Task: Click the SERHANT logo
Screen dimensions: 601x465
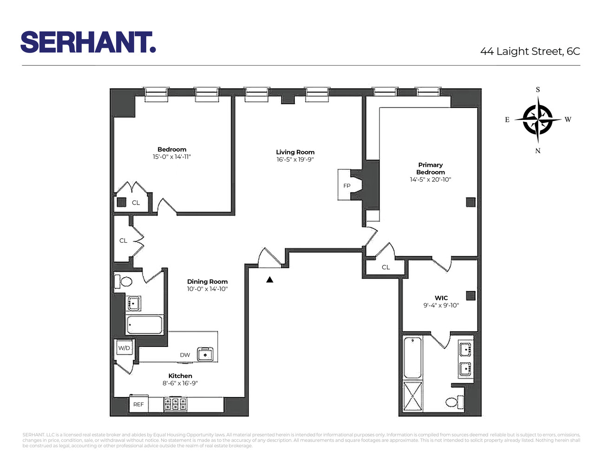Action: pyautogui.click(x=88, y=42)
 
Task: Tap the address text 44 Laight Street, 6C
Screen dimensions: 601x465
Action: pyautogui.click(x=530, y=51)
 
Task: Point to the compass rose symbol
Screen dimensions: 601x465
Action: pyautogui.click(x=538, y=120)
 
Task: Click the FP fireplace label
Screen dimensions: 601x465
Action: pyautogui.click(x=347, y=186)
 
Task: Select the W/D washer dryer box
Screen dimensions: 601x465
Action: pyautogui.click(x=124, y=348)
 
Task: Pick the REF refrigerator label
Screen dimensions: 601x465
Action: pyautogui.click(x=138, y=405)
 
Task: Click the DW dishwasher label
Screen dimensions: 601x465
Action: pyautogui.click(x=185, y=355)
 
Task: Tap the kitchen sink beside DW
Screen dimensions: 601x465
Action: pyautogui.click(x=205, y=354)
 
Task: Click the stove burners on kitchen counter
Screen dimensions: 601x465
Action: pyautogui.click(x=176, y=405)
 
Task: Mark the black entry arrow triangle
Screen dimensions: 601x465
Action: pyautogui.click(x=270, y=279)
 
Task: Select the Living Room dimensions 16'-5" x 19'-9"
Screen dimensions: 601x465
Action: pyautogui.click(x=295, y=159)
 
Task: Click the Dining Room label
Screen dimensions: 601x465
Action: pyautogui.click(x=208, y=281)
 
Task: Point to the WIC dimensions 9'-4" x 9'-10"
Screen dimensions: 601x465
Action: pyautogui.click(x=441, y=306)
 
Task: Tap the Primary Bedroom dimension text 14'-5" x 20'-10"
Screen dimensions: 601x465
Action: pyautogui.click(x=431, y=179)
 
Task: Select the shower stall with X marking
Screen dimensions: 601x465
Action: pyautogui.click(x=413, y=396)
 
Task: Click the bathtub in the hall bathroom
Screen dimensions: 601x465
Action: pyautogui.click(x=144, y=325)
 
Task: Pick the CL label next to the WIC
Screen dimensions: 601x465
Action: pyautogui.click(x=386, y=267)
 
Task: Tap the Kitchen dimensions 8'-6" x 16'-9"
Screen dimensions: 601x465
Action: pyautogui.click(x=180, y=383)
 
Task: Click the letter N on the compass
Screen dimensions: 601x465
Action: pyautogui.click(x=538, y=151)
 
